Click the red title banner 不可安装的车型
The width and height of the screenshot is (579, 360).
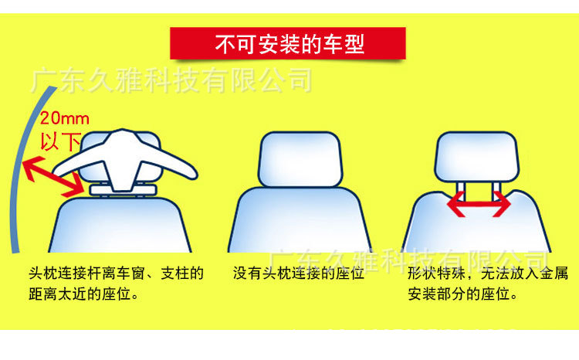click(x=289, y=44)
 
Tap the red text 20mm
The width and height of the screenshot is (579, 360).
click(x=65, y=119)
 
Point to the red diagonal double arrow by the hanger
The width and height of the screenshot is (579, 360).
click(x=53, y=175)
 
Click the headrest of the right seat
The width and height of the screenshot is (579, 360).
click(x=479, y=155)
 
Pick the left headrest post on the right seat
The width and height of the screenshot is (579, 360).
click(x=461, y=186)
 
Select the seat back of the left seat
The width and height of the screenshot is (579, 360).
click(x=124, y=224)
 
